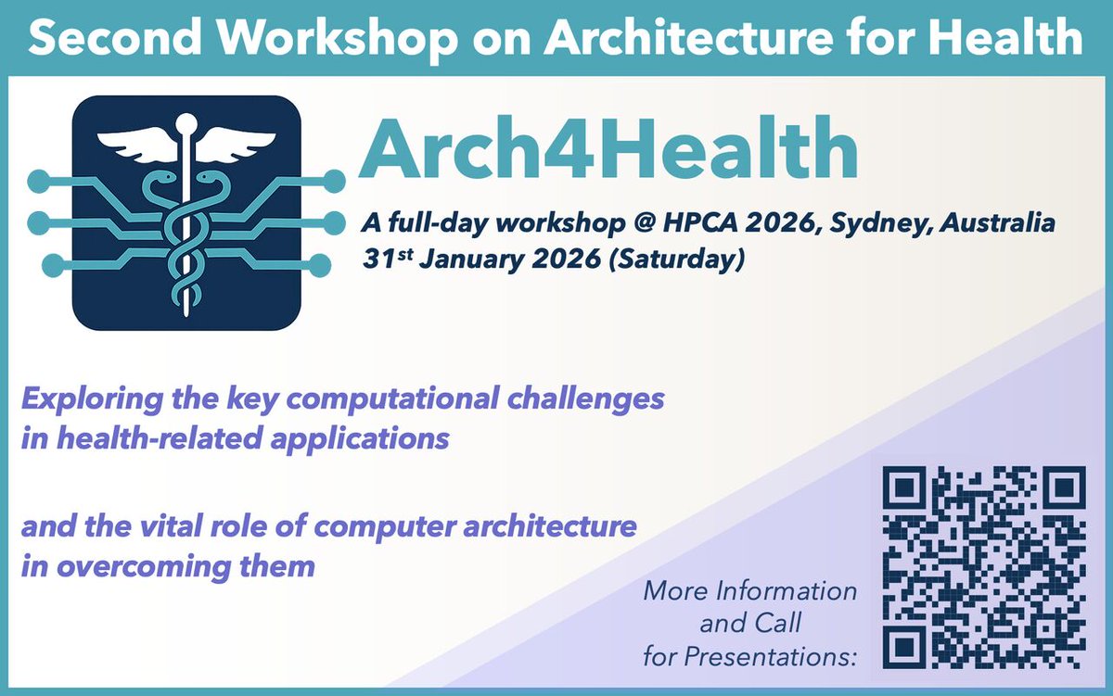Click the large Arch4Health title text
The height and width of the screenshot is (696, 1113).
[608, 153]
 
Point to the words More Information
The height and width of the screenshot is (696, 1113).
[750, 590]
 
